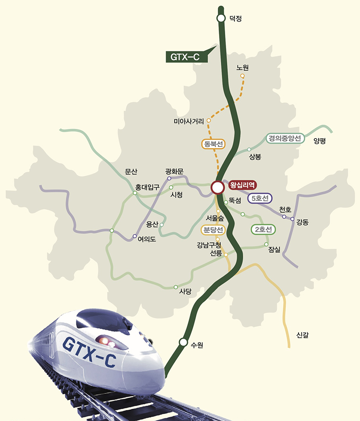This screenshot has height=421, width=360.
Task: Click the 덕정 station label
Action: pyautogui.click(x=236, y=18)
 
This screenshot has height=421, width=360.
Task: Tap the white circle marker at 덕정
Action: pyautogui.click(x=221, y=18)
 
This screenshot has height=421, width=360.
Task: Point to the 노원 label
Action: pyautogui.click(x=242, y=68)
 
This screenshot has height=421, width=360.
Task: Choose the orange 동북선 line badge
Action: pyautogui.click(x=213, y=144)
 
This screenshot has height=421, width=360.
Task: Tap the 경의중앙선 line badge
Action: pyautogui.click(x=285, y=139)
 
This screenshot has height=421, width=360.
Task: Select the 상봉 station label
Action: pyautogui.click(x=255, y=157)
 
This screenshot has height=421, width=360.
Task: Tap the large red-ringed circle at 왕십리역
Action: pyautogui.click(x=217, y=187)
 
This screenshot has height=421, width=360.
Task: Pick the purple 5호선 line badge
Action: pyautogui.click(x=259, y=198)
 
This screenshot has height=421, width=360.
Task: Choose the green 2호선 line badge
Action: pyautogui.click(x=263, y=229)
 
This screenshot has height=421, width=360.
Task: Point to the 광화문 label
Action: pyautogui.click(x=174, y=171)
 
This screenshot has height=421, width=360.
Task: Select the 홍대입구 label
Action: pyautogui.click(x=147, y=187)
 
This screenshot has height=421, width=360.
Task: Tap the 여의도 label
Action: pyautogui.click(x=147, y=239)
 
